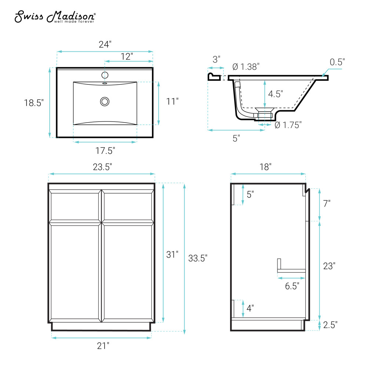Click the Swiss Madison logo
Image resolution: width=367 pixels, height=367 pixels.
[x=55, y=17]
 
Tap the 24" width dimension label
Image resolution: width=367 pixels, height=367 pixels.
[x=105, y=44]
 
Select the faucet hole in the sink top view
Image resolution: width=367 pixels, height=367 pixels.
[x=105, y=75]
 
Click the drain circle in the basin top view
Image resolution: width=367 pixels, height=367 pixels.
[x=105, y=102]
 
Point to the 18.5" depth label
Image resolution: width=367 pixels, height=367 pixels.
[x=34, y=103]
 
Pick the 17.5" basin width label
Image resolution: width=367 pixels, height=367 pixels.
[x=105, y=150]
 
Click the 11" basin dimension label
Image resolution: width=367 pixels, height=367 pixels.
[x=172, y=101]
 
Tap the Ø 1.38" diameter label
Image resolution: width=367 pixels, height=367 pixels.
[x=246, y=67]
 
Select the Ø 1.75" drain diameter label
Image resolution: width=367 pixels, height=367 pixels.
[x=288, y=125]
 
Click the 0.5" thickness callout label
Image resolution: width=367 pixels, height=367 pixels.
[x=337, y=62]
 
